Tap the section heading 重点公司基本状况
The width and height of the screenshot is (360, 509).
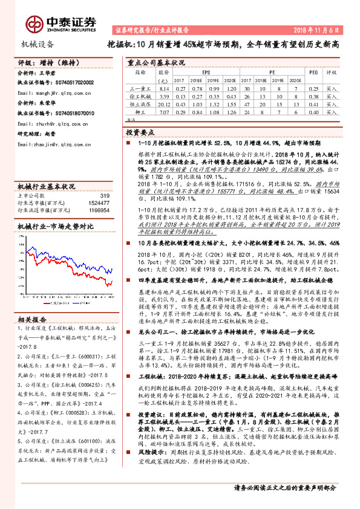(x=155, y=62)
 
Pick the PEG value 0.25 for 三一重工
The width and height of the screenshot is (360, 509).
(x=313, y=88)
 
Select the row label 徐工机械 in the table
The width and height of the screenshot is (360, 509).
(x=140, y=96)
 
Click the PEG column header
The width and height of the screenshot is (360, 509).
(x=313, y=71)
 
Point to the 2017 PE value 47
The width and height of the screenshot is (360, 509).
(x=248, y=104)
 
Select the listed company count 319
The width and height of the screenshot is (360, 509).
(x=104, y=195)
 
